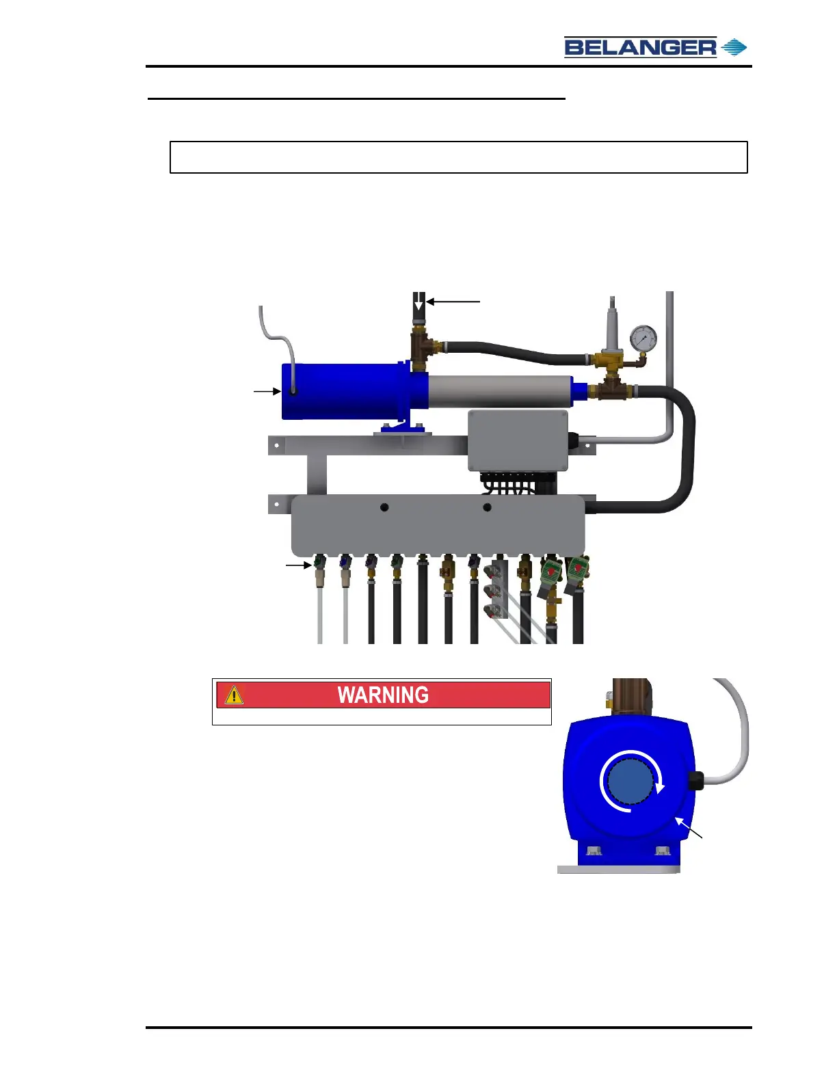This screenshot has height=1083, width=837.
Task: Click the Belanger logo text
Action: click(640, 47)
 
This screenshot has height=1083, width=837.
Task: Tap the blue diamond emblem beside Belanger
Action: click(734, 47)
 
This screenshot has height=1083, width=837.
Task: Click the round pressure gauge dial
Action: click(643, 339)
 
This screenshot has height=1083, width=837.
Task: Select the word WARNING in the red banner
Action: click(383, 695)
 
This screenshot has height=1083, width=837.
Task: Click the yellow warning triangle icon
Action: click(234, 695)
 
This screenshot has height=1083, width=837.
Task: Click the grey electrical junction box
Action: click(518, 440)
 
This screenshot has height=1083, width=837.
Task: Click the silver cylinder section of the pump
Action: click(500, 391)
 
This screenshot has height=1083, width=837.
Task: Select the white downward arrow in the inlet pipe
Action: click(418, 302)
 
